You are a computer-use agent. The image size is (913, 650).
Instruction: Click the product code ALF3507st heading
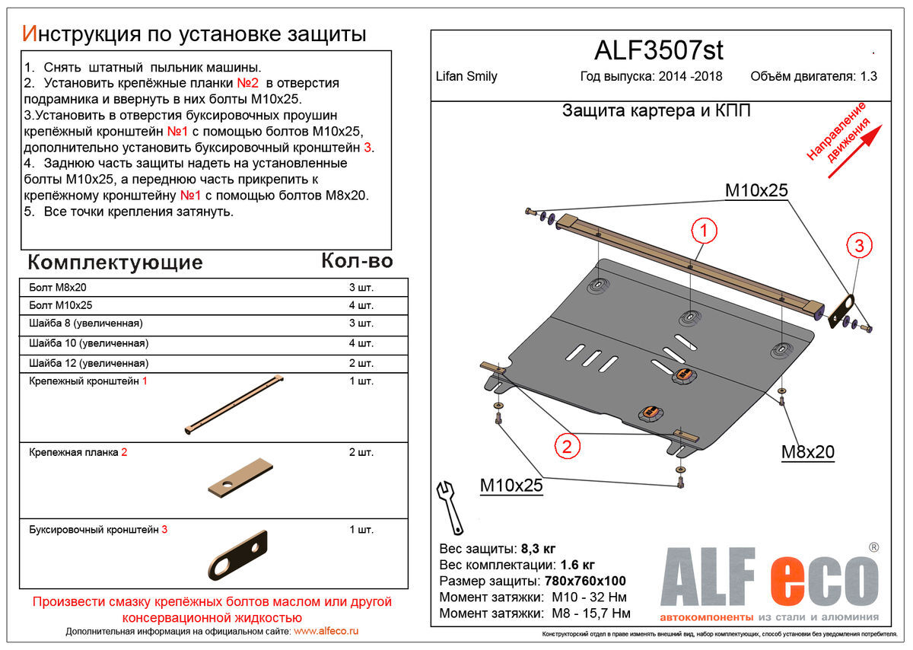[658, 50]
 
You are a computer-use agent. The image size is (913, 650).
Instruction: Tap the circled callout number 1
[704, 231]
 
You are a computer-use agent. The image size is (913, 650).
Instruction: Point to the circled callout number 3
[858, 245]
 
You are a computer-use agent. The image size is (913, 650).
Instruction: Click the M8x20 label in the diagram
[807, 452]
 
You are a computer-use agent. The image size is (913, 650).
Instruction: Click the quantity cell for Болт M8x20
[361, 288]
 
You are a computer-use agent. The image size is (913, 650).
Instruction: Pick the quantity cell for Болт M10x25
[361, 306]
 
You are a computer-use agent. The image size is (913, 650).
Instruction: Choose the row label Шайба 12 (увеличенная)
[89, 363]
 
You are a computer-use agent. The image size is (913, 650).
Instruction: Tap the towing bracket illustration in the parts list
[237, 555]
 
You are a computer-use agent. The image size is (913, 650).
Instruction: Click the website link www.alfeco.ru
[326, 631]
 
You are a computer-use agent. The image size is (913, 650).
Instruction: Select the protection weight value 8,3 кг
[538, 549]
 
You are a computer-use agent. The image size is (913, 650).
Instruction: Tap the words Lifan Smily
[466, 76]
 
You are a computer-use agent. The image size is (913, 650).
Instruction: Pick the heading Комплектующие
[115, 263]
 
